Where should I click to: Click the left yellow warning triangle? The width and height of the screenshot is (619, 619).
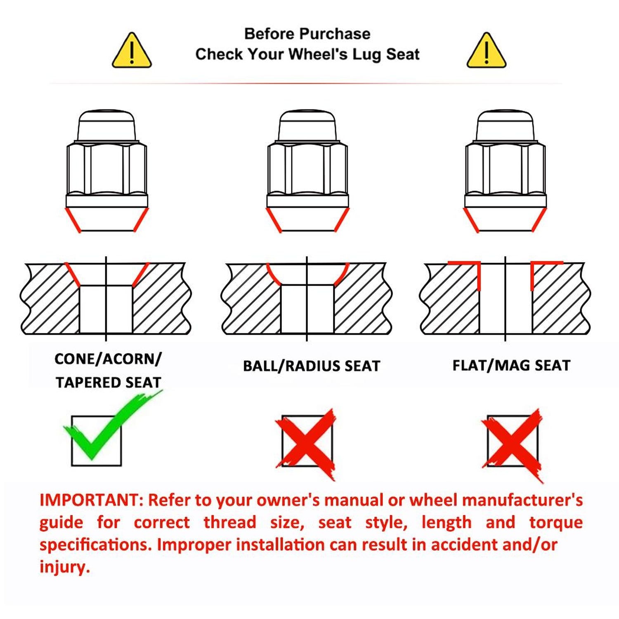132,51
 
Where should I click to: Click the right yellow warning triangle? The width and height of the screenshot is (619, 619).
486,51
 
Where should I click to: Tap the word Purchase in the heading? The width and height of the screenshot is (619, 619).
335,34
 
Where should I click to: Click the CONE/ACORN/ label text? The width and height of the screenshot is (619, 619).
108,359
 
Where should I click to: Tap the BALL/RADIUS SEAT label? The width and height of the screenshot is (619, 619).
311,366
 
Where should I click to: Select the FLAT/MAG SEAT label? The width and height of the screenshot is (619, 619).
511,365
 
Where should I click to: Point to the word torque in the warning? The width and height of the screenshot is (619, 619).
555,522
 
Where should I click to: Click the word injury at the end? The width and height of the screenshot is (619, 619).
64,567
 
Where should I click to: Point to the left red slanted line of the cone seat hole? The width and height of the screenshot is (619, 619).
73,274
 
